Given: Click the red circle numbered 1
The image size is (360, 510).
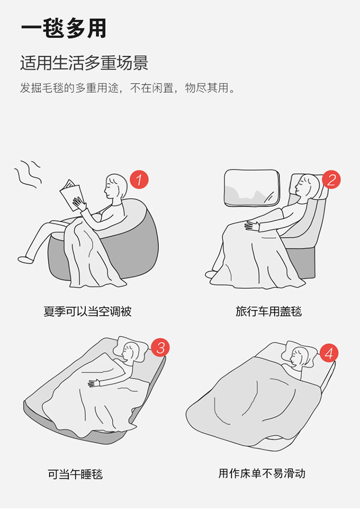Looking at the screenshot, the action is point(139,180).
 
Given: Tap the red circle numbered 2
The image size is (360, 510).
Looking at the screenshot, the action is point(331,180).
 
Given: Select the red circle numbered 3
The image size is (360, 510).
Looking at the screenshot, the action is point(160,348).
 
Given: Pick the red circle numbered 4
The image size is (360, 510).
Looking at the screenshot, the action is point(329,353).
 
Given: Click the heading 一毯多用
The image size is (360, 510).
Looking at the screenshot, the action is point(64,29).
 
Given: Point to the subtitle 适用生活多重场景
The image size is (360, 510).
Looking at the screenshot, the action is point(84,63).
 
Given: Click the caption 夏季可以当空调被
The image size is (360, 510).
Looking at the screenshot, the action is point(87,311).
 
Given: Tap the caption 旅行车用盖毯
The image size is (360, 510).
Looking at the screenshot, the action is point(269,311).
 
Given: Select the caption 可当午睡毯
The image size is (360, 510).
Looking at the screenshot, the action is point(75,474).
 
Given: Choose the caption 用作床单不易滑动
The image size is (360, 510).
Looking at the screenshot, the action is point(262,473).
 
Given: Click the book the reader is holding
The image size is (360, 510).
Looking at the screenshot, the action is point(71,195).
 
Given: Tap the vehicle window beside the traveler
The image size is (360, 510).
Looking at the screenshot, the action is point(252,188).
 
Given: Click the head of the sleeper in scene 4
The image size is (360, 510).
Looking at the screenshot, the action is point(300,356).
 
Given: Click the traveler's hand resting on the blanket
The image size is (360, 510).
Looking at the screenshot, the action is point(252,226).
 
